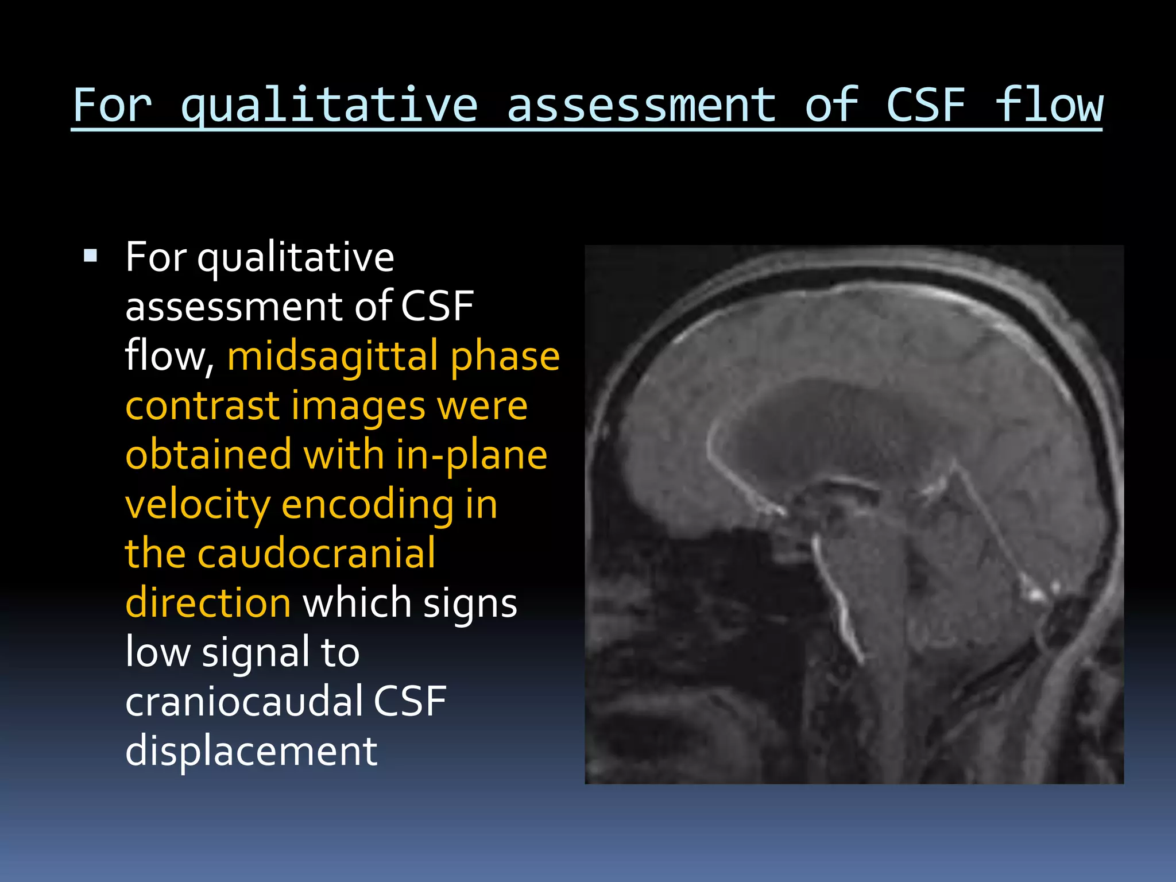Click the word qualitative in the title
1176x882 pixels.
(328, 106)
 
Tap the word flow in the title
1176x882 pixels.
(1049, 106)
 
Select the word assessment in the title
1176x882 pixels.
(641, 106)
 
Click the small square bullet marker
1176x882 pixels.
(90, 256)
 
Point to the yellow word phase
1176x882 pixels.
(504, 357)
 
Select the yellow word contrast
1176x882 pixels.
(202, 406)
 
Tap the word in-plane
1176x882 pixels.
(471, 455)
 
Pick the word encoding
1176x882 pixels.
(367, 505)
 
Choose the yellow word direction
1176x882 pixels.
(208, 604)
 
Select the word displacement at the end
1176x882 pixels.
(251, 751)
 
